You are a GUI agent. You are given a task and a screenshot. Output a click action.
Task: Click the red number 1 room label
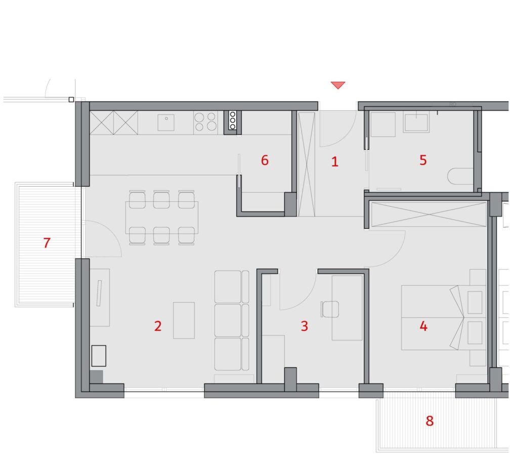pos(335,161)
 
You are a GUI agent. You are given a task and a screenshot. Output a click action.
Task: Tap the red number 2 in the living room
pos(158,326)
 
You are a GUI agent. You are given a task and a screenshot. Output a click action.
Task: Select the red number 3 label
pos(304,326)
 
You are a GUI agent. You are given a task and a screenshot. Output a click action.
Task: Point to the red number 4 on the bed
pos(423,326)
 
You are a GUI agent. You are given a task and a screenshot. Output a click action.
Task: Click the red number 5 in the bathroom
pos(423,160)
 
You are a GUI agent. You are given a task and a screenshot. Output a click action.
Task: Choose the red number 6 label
pos(265,160)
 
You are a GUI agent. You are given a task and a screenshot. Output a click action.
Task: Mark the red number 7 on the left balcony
pos(47,243)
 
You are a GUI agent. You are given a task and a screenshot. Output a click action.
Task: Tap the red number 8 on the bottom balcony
pos(429,421)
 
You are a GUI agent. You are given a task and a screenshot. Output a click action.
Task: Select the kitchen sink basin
pos(166,122)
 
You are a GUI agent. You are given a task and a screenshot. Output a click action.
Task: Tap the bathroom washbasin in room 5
pos(416,121)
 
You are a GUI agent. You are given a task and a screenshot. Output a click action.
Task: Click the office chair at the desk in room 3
pos(330,309)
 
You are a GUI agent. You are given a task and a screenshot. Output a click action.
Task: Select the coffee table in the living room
pos(184,320)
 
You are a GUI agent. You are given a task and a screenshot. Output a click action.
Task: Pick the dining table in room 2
pos(161,218)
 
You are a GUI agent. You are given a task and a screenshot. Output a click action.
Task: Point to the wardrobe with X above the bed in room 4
pos(429,215)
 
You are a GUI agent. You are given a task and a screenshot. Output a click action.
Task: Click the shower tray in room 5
pos(383,124)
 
